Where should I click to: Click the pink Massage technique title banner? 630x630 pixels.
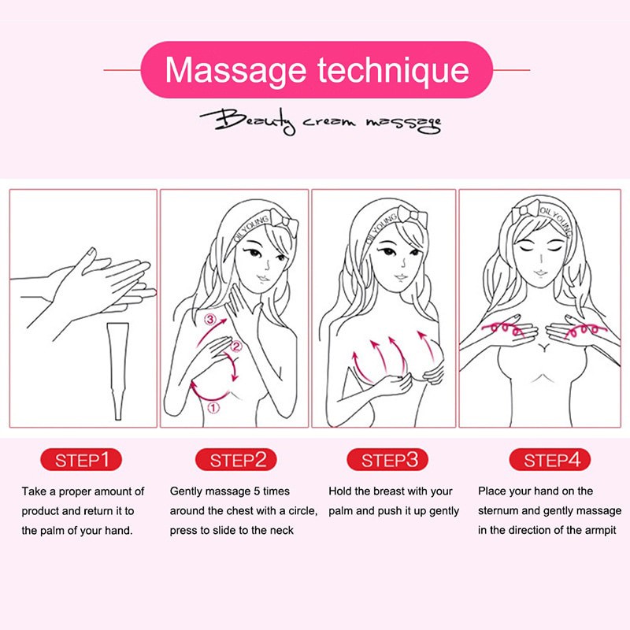tap(317, 69)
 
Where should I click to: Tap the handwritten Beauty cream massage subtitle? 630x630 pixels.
tap(320, 121)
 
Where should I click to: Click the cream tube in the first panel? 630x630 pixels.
tap(116, 370)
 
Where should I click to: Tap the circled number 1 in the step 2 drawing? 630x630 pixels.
tap(212, 408)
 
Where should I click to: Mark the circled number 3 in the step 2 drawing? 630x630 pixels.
tap(209, 320)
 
